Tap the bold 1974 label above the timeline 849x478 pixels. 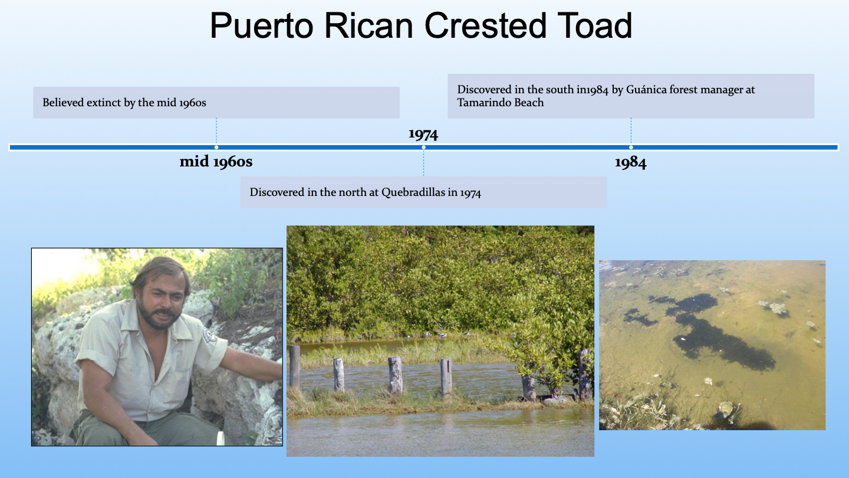tap(423, 134)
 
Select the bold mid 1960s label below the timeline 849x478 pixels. tap(216, 162)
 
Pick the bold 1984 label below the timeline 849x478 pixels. tap(631, 162)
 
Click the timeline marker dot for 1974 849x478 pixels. tap(424, 147)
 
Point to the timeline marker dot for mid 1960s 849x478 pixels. tap(216, 147)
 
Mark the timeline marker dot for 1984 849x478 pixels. tap(631, 147)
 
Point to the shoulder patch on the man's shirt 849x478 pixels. tap(209, 335)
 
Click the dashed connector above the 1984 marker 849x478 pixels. tap(631, 131)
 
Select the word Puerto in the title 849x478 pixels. tap(262, 25)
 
